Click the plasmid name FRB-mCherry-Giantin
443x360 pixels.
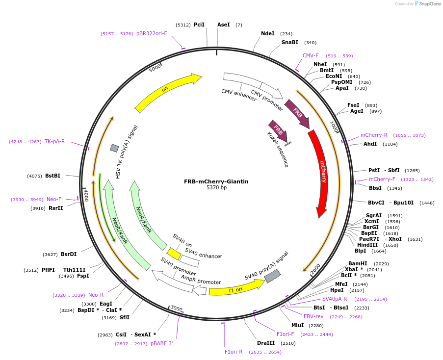(x=216, y=181)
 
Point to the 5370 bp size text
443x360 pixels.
(x=216, y=188)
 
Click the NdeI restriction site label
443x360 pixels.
(x=267, y=34)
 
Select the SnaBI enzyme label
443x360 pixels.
(x=289, y=43)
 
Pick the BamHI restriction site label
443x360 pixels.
(x=358, y=264)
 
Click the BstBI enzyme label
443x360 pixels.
(x=53, y=176)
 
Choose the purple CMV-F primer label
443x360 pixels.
(x=311, y=56)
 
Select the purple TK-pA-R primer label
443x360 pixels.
(x=54, y=142)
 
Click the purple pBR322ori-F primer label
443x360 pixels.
(x=152, y=34)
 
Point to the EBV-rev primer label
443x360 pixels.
(x=313, y=317)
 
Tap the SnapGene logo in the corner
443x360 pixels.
(x=426, y=4)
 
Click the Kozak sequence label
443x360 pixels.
(x=278, y=149)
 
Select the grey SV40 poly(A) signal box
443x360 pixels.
(x=272, y=276)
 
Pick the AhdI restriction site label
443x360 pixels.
(x=370, y=144)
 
